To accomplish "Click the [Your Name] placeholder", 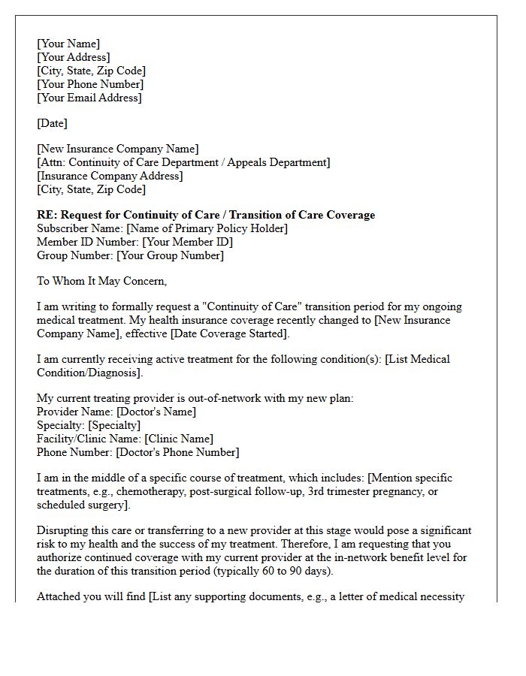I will (x=68, y=44).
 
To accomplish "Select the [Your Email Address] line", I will (x=89, y=98).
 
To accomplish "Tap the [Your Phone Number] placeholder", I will (x=89, y=84).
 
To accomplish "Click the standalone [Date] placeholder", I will (x=52, y=123).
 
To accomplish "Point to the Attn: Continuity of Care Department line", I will (x=183, y=162).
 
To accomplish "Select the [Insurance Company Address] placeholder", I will (x=110, y=176).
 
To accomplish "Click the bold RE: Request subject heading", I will (x=206, y=215).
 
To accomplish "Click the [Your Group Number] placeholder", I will (x=170, y=255).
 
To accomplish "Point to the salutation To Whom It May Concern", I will (x=102, y=281).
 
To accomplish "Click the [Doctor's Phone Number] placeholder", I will (x=177, y=452).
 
